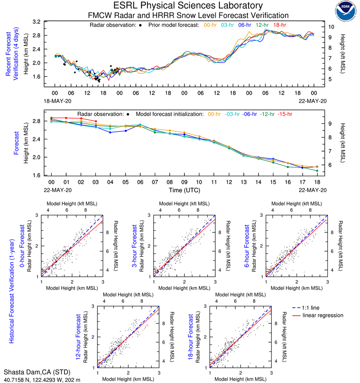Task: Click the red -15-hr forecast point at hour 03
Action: click(96, 121)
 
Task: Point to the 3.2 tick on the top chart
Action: click(37, 22)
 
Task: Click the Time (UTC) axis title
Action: click(183, 190)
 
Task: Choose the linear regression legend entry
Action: click(323, 315)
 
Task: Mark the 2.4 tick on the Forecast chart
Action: click(37, 139)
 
